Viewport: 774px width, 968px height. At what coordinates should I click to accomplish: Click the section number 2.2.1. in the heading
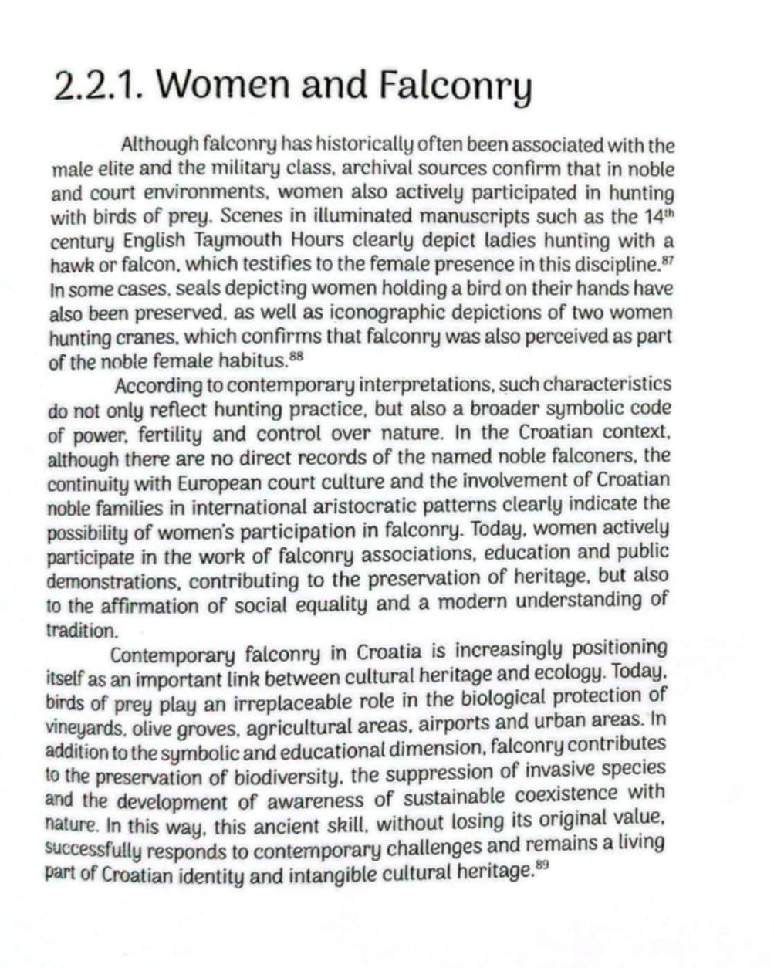100,86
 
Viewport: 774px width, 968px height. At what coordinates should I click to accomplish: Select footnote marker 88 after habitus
296,356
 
